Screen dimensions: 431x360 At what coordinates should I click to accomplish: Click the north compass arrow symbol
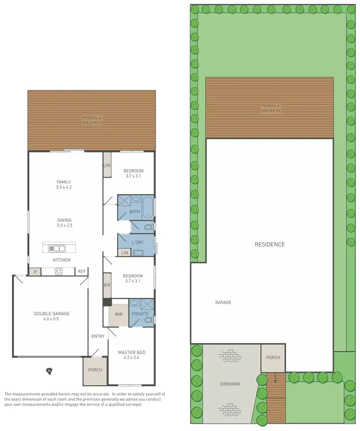coord(48,370)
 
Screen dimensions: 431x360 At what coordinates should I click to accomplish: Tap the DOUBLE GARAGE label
coord(51,316)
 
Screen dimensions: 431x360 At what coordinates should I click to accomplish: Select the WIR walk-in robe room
coord(118,315)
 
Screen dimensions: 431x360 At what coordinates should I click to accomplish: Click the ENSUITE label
coord(141,313)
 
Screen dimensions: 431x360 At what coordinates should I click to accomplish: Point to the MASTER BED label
coord(132,355)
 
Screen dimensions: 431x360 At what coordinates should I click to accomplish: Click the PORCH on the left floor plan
coord(95,370)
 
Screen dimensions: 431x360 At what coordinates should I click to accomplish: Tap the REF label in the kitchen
coord(82,271)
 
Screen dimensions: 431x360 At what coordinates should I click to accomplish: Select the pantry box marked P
coord(34,272)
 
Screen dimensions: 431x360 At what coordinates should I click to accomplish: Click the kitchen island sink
coord(54,248)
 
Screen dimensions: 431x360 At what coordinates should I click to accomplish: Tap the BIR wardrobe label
coord(108,285)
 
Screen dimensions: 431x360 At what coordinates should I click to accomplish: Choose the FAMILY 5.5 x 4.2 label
coord(64,185)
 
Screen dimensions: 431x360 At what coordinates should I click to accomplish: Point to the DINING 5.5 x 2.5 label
coord(64,222)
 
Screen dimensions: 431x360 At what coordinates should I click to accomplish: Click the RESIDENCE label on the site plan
coord(269,245)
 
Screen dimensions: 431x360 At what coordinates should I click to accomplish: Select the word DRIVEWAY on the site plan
coord(230,384)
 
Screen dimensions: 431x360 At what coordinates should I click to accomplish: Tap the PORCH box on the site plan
coord(273,358)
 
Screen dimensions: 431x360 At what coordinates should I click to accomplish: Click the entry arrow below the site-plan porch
coord(276,378)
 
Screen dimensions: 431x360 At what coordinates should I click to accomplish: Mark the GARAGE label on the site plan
coord(223,302)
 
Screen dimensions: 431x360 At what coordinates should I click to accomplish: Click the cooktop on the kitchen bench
coord(59,271)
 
